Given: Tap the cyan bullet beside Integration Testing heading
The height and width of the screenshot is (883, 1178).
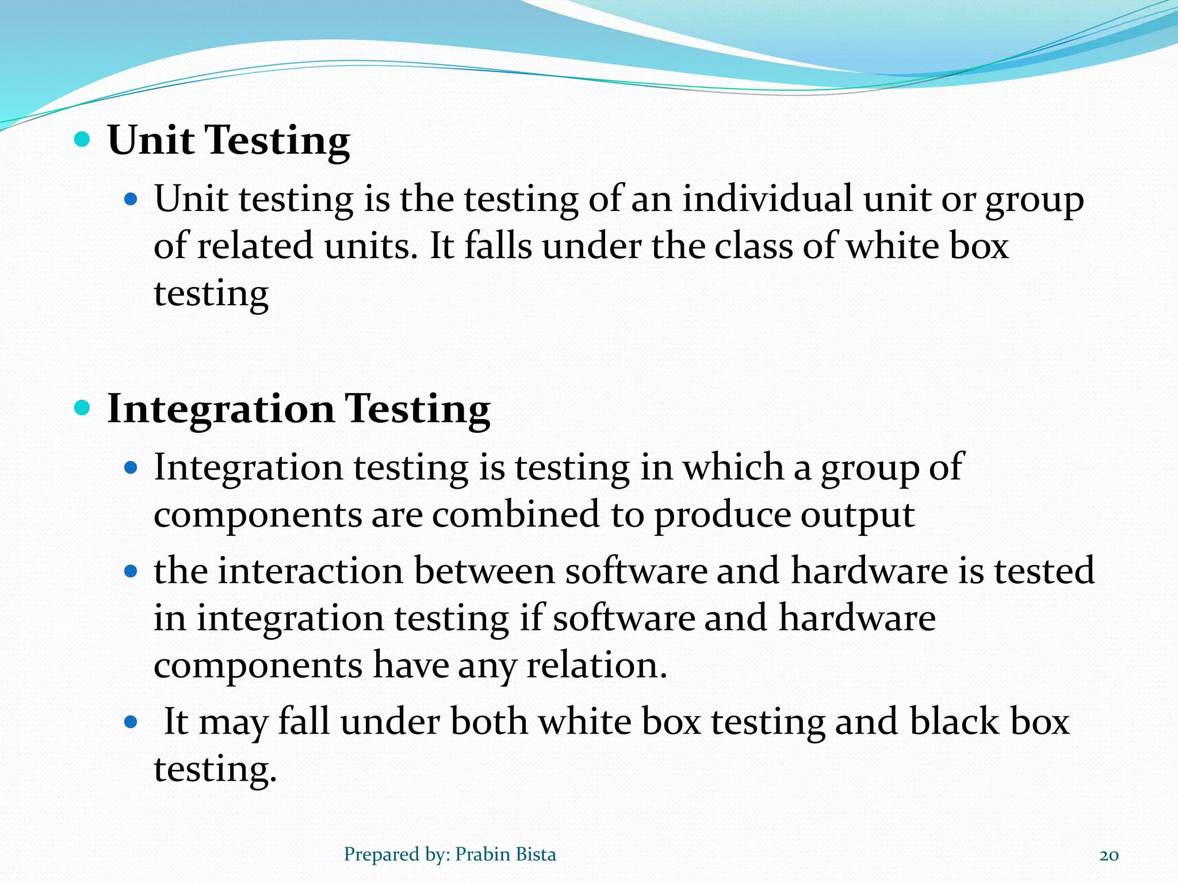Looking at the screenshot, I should click(83, 408).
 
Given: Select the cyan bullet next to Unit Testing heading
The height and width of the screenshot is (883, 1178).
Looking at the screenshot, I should click(83, 139).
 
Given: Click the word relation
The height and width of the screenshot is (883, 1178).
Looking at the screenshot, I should click(596, 665).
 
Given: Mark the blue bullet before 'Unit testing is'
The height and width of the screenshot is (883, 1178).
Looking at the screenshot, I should click(131, 199).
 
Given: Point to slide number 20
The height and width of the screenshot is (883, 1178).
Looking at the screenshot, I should click(1109, 855).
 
